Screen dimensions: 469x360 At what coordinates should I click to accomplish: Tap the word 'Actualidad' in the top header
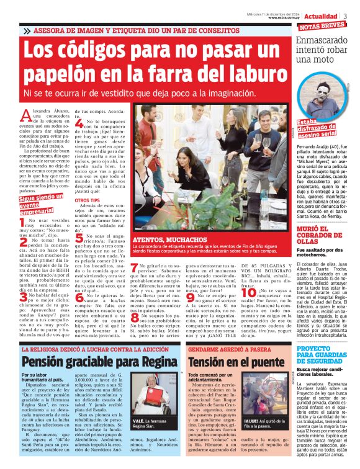[320, 15]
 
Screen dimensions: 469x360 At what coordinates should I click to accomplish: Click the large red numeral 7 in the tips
[133, 267]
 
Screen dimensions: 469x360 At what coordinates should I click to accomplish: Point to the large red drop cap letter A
[26, 115]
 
